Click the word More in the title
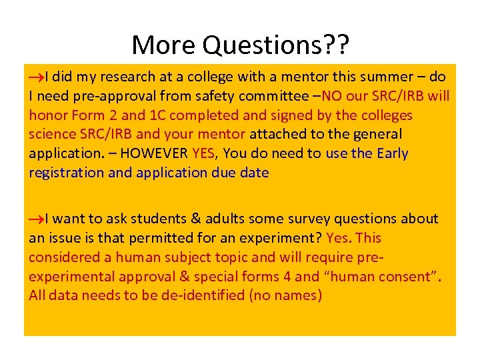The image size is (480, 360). click(x=164, y=45)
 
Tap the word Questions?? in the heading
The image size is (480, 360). click(x=275, y=46)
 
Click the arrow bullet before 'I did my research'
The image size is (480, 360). click(x=37, y=77)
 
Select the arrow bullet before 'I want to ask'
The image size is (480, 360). click(x=37, y=219)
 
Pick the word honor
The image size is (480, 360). click(x=49, y=115)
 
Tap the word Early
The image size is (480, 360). click(x=392, y=154)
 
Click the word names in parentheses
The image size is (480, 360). click(x=297, y=295)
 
